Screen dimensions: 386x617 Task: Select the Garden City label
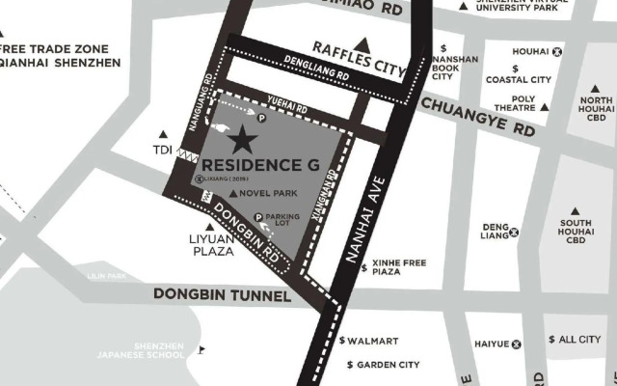(387, 365)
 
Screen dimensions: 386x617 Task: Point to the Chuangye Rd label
(477, 115)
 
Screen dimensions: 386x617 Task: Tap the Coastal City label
(518, 79)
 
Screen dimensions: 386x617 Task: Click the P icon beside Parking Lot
(258, 218)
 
